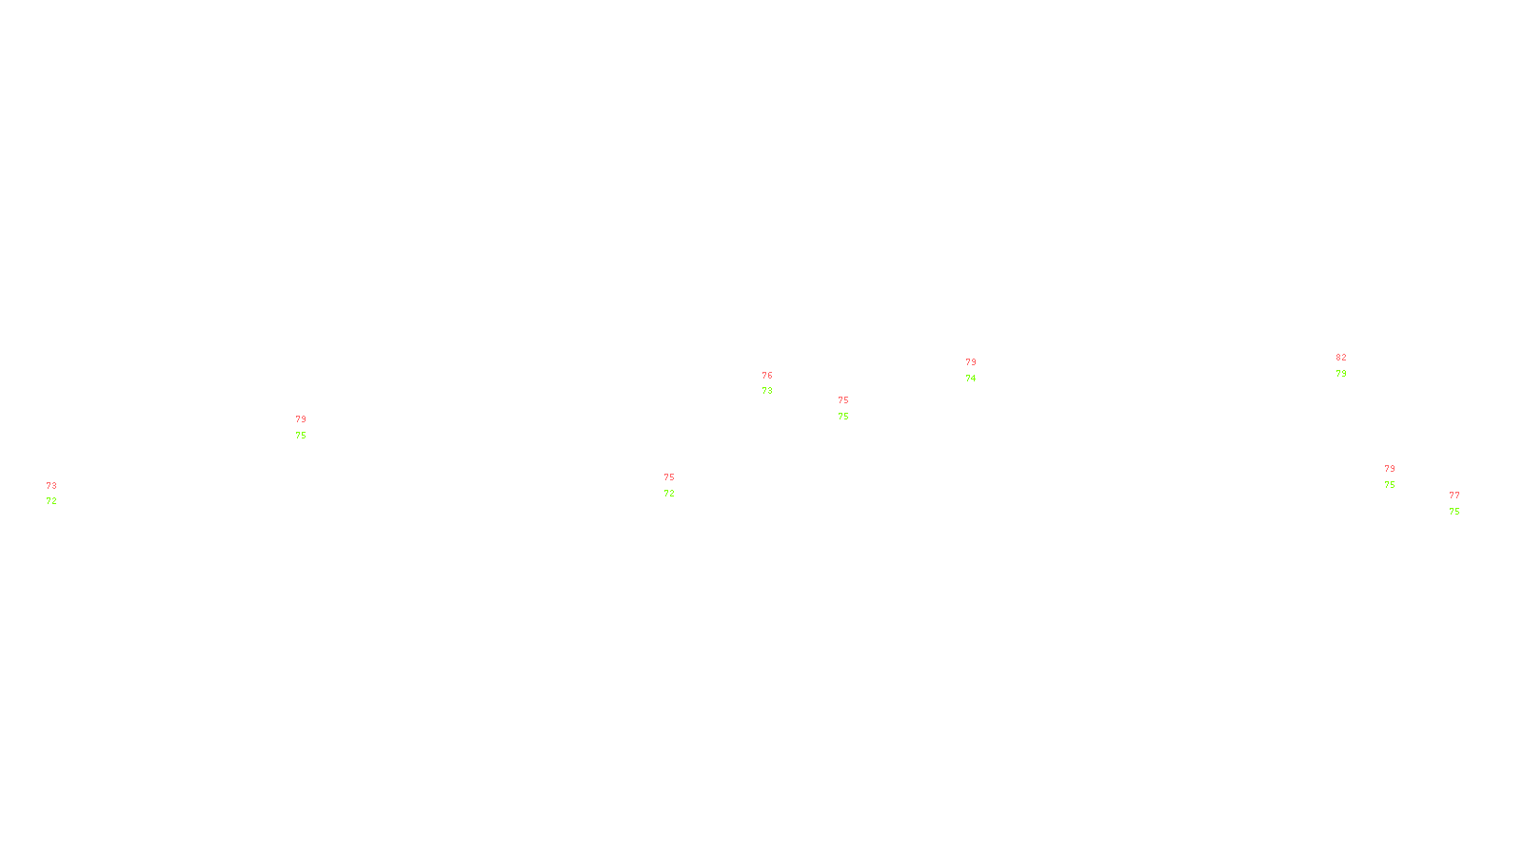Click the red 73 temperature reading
pos(51,486)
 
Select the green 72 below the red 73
pos(51,501)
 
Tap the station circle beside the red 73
pos(60,494)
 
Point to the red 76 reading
pos(767,376)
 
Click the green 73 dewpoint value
pos(767,391)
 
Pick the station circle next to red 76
pos(776,383)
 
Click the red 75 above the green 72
pos(669,477)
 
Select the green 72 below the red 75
pos(669,494)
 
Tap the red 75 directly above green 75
pos(843,400)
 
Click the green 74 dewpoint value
pos(971,379)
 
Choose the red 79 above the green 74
pos(971,362)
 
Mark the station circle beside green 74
pos(980,370)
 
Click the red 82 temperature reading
pos(1341,358)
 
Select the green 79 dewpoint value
pos(1341,374)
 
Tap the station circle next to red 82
pos(1350,365)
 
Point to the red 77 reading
pos(1454,496)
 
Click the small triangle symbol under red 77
pos(1455,505)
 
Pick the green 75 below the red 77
pos(1454,512)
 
